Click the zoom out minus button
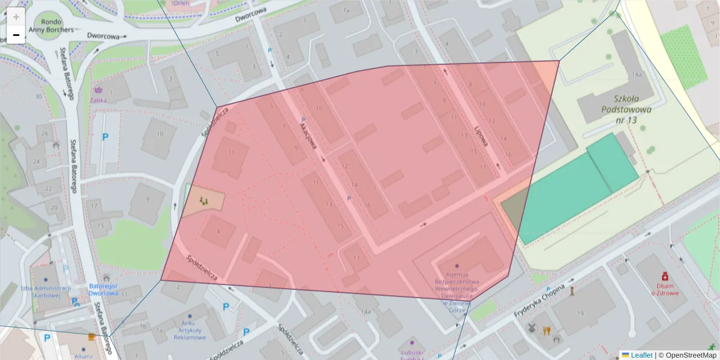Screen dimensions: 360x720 click(16, 35)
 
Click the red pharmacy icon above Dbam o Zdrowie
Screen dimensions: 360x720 click(665, 276)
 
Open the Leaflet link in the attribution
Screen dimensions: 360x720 click(641, 355)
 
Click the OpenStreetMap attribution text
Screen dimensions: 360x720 click(688, 355)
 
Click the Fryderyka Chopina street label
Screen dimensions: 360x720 click(540, 302)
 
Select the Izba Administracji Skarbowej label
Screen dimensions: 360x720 click(46, 291)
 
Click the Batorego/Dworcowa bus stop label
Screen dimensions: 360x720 click(103, 289)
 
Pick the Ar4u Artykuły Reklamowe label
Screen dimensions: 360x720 click(190, 329)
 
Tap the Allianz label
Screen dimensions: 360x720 click(84, 356)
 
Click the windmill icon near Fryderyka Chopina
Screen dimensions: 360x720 click(530, 328)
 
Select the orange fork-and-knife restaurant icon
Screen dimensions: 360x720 click(546, 330)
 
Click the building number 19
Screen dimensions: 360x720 click(580, 313)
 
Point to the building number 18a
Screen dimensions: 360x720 click(637, 75)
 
